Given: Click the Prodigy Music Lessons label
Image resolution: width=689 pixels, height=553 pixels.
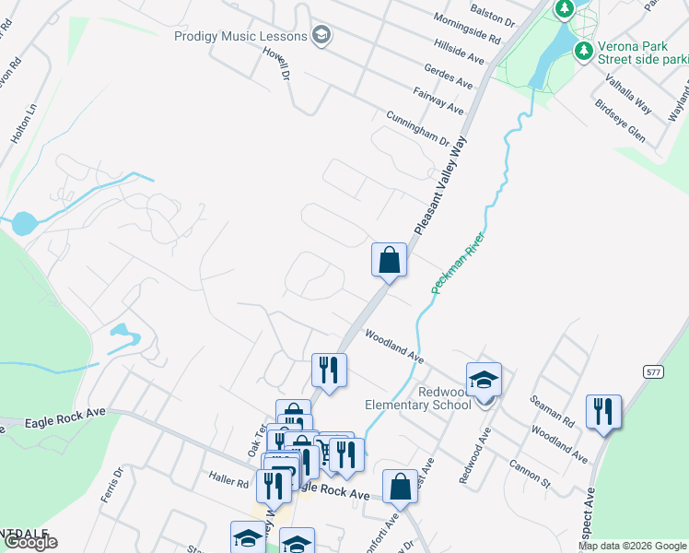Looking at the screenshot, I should (x=240, y=36).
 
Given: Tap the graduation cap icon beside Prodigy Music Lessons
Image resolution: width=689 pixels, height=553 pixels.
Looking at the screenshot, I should (x=321, y=36).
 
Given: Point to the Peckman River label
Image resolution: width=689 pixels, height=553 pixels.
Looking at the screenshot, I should (x=459, y=264).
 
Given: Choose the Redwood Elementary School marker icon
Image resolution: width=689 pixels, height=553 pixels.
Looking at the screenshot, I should (x=484, y=379).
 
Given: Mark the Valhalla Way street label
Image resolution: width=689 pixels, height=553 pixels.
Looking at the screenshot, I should (x=628, y=96).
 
